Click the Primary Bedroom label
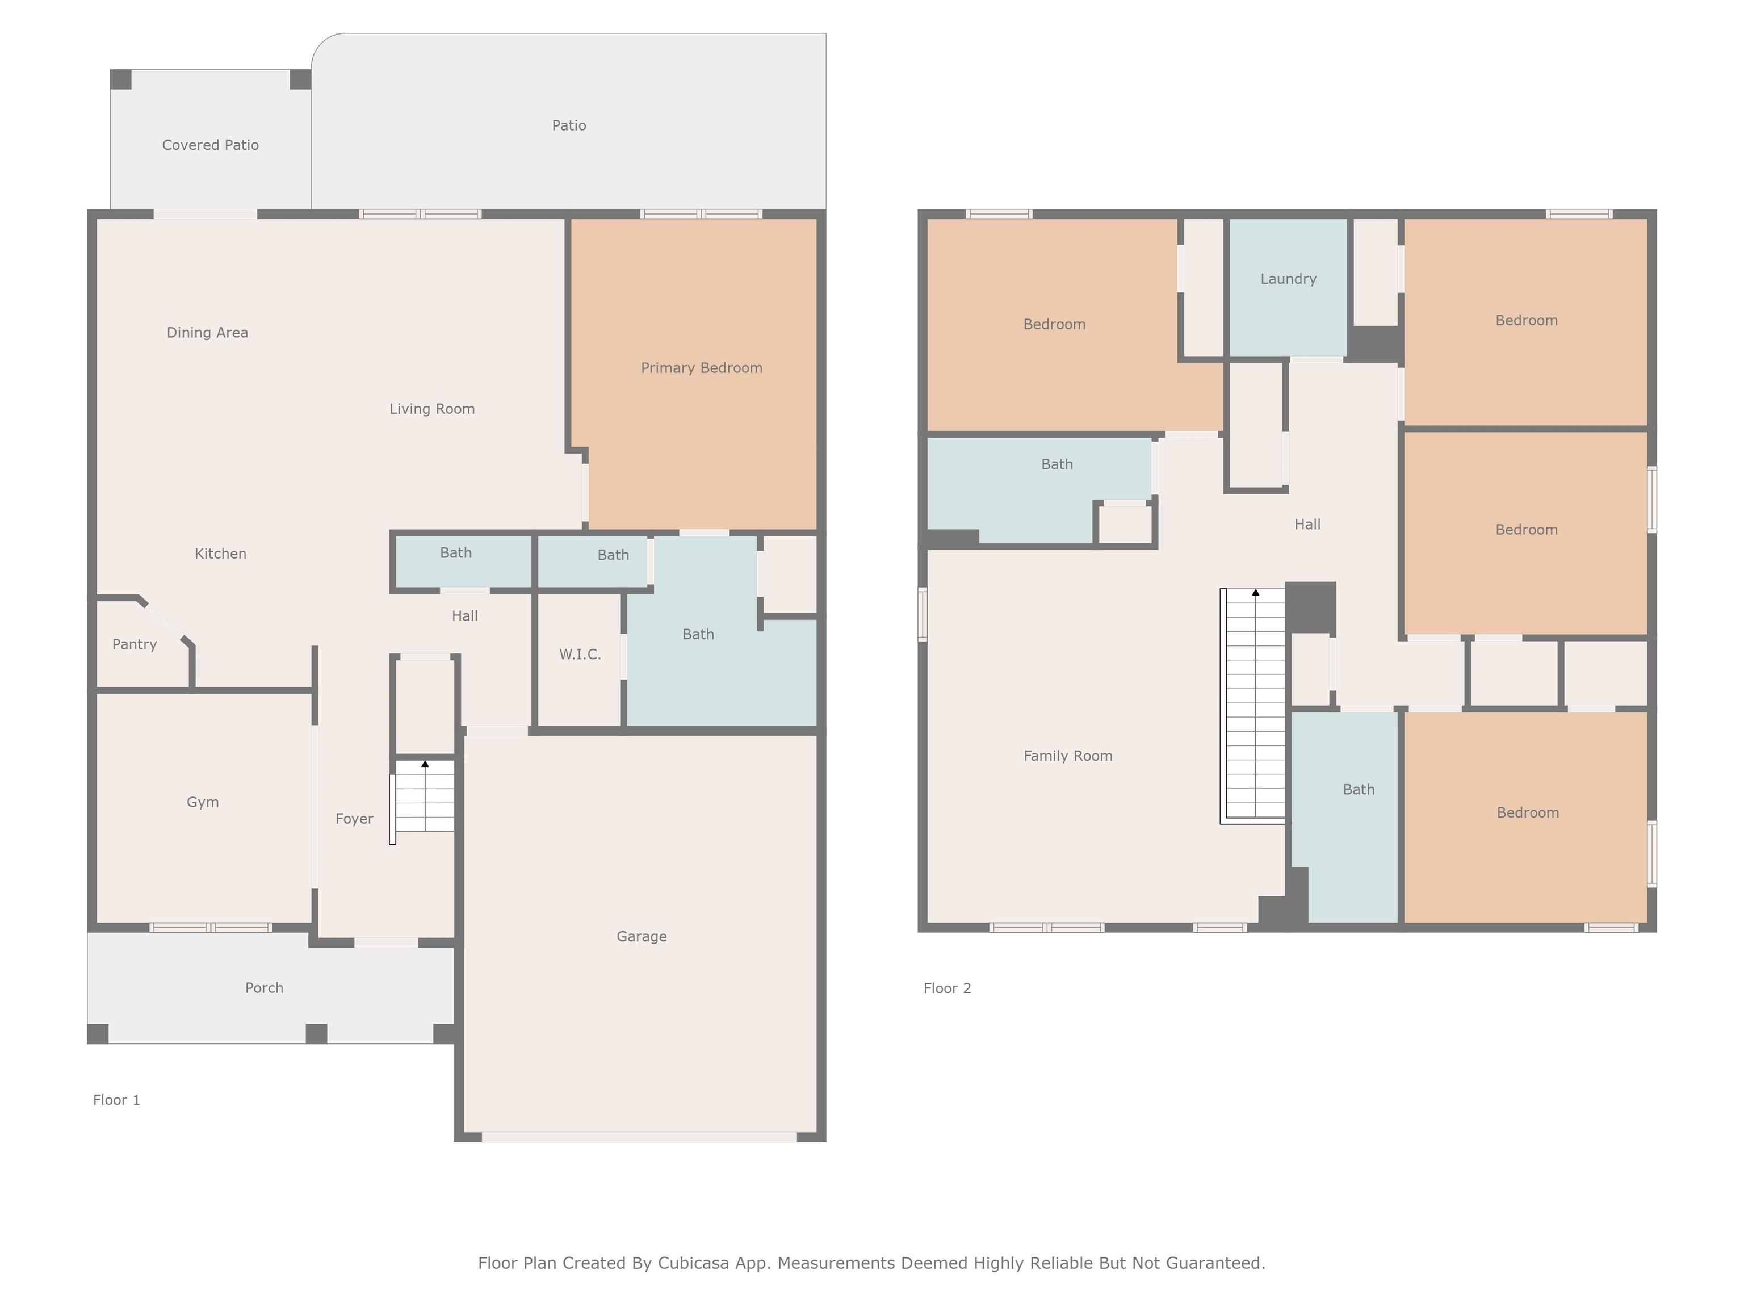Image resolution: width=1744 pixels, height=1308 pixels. click(x=701, y=368)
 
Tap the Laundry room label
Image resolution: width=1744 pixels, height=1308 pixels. click(x=1288, y=279)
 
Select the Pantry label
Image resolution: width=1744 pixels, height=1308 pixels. click(x=134, y=644)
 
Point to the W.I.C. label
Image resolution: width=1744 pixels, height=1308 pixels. click(x=580, y=655)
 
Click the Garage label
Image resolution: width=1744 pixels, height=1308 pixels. click(x=642, y=937)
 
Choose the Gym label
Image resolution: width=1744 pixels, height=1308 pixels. click(x=203, y=803)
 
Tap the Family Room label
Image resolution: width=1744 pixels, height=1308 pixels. click(x=1068, y=756)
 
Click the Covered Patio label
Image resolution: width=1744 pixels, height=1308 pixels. click(x=211, y=145)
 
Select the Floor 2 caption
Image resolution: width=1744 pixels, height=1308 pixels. click(x=947, y=989)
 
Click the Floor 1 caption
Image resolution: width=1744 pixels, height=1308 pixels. click(x=117, y=1100)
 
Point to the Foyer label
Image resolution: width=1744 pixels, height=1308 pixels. click(x=354, y=819)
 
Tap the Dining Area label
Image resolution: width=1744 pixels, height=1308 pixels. click(x=207, y=333)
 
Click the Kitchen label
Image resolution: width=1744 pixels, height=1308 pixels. click(x=221, y=554)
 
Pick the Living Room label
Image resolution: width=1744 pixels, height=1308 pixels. click(x=432, y=409)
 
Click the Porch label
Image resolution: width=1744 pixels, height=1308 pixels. click(x=264, y=988)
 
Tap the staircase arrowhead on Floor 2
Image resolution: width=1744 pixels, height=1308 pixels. click(x=1256, y=592)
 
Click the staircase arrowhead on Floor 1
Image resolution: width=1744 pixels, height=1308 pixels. click(x=425, y=764)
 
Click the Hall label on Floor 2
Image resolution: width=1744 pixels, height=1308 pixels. click(x=1307, y=525)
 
